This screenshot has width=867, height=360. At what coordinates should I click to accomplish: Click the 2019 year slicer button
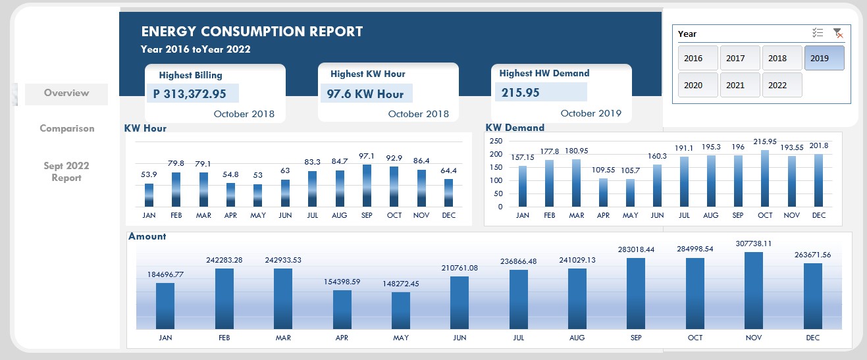(824, 58)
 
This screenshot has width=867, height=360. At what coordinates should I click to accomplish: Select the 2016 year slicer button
(697, 58)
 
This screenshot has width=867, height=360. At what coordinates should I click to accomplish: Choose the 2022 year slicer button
(781, 85)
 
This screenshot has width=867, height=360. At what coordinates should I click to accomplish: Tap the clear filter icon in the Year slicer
(837, 34)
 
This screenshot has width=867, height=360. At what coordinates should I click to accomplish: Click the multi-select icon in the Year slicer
(818, 34)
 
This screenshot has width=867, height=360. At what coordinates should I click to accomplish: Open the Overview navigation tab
(66, 93)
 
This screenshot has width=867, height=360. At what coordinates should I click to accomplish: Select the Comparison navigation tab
(66, 128)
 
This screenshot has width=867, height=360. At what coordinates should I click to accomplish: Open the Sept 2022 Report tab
(66, 172)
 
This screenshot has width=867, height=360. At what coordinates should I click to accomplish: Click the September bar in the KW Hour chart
(367, 186)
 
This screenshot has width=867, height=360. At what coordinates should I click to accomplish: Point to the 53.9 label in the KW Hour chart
(149, 174)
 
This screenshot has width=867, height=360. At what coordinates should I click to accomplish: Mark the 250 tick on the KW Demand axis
(496, 141)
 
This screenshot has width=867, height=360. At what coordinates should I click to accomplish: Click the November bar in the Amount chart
(754, 290)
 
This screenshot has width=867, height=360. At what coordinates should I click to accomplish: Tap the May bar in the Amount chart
(401, 310)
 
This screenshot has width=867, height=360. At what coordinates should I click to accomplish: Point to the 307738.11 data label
(753, 244)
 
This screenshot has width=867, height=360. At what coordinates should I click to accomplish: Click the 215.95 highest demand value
(521, 93)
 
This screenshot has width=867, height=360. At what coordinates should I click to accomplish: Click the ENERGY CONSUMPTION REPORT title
(252, 32)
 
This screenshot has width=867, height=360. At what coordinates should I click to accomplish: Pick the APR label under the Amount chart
(342, 338)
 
